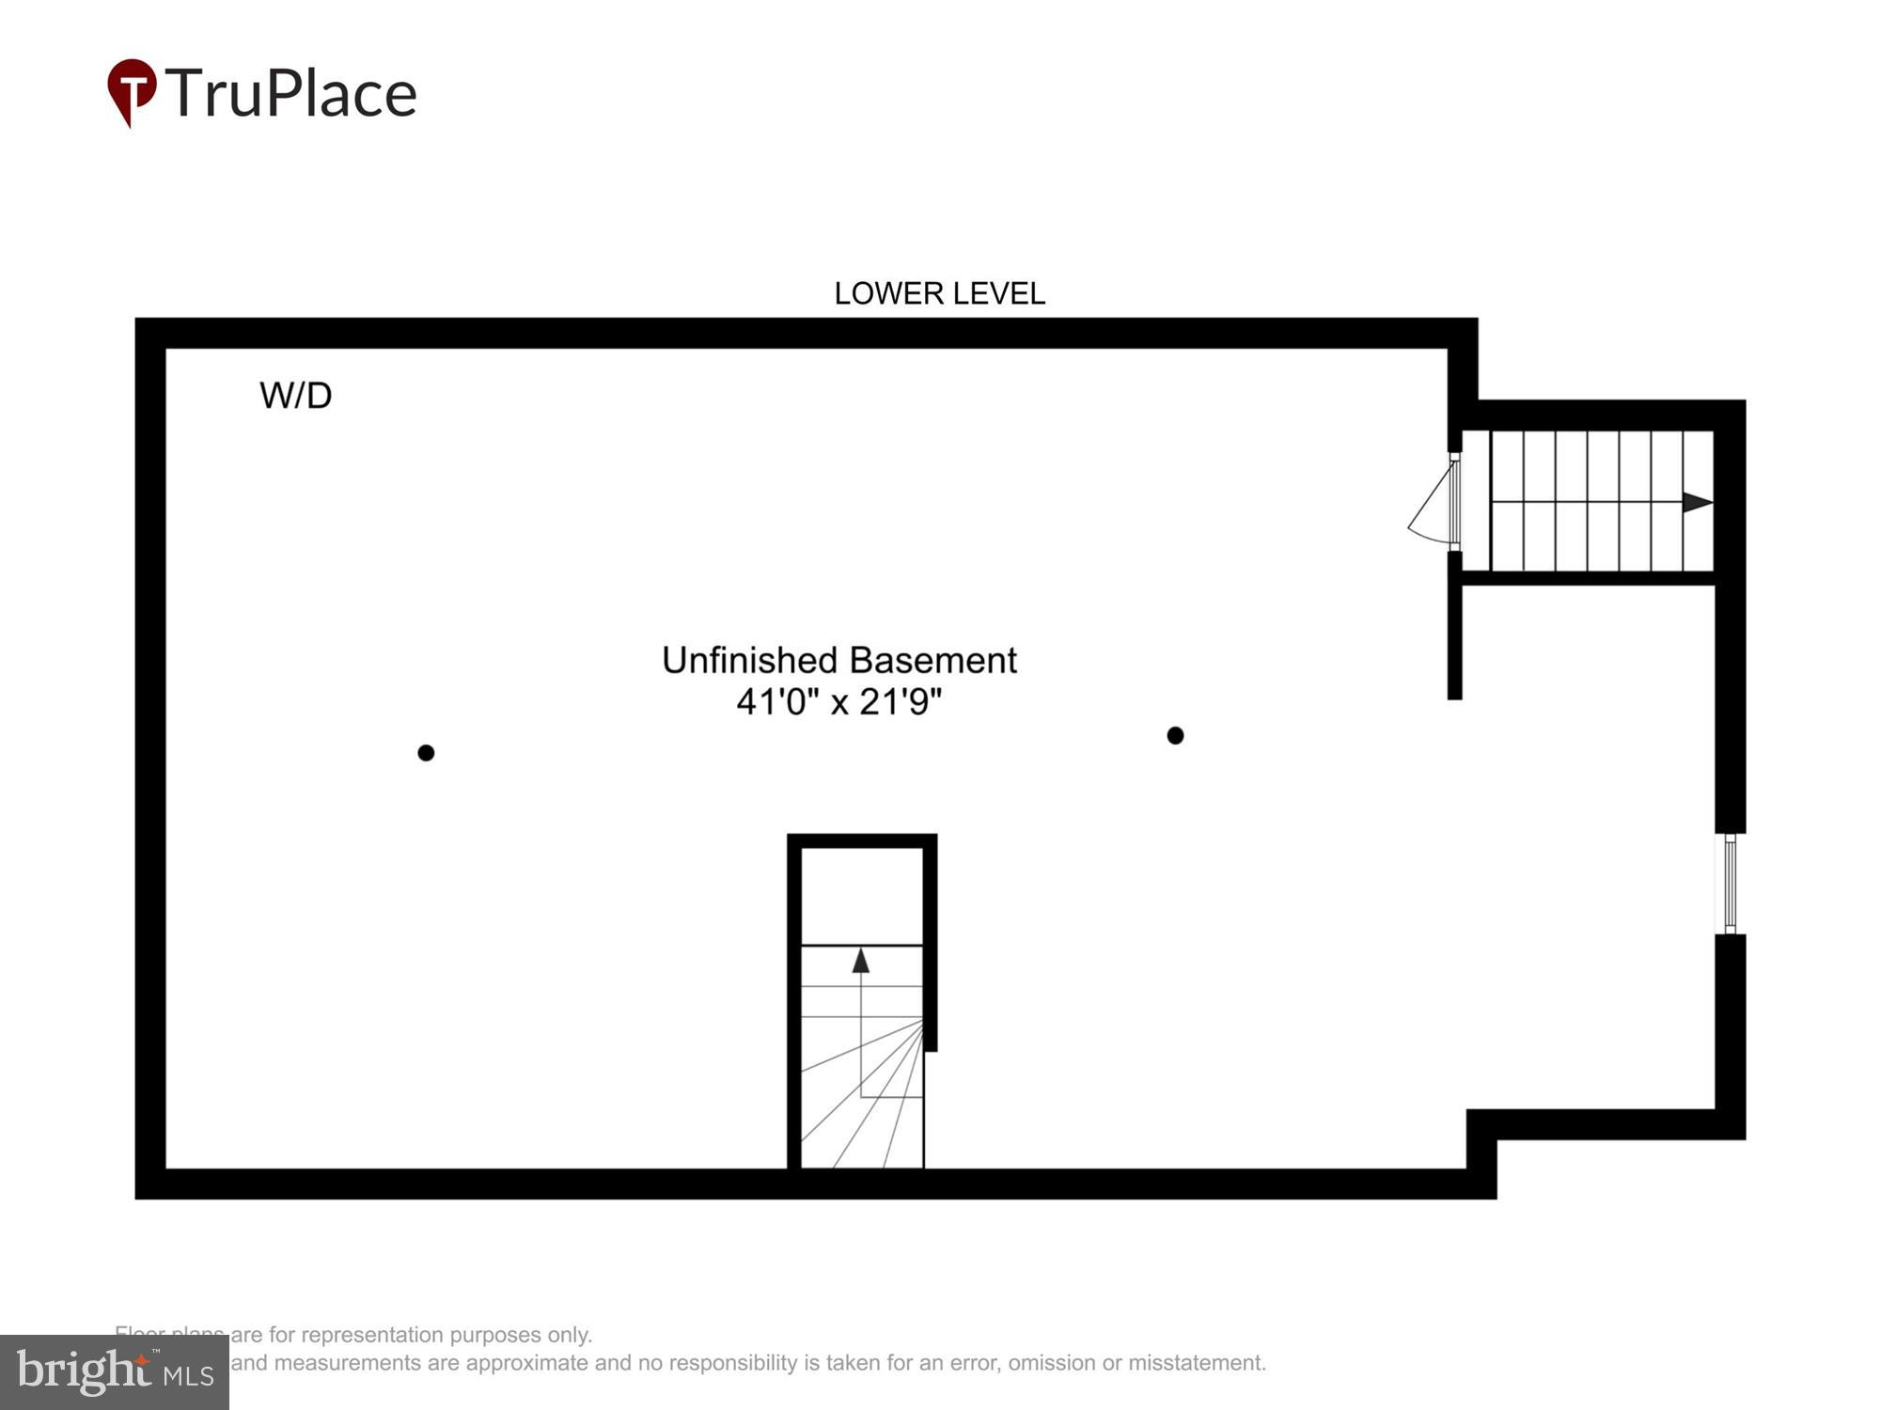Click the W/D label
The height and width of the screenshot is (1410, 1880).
(x=295, y=396)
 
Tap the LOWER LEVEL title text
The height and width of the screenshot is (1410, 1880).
(x=939, y=293)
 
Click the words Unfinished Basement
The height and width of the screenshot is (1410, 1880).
(x=838, y=660)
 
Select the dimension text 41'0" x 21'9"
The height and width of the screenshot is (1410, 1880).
(x=838, y=701)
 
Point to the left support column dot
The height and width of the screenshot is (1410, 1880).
(x=426, y=753)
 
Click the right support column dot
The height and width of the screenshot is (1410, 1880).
(x=1175, y=735)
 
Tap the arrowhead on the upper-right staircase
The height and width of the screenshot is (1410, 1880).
(x=1697, y=502)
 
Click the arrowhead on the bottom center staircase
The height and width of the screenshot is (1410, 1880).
(x=860, y=961)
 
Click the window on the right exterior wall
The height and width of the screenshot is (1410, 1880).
(x=1730, y=884)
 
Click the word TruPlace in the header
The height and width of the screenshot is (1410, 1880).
(x=291, y=93)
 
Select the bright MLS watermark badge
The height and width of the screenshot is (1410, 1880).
(x=115, y=1372)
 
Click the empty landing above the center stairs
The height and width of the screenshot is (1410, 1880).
(x=861, y=896)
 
